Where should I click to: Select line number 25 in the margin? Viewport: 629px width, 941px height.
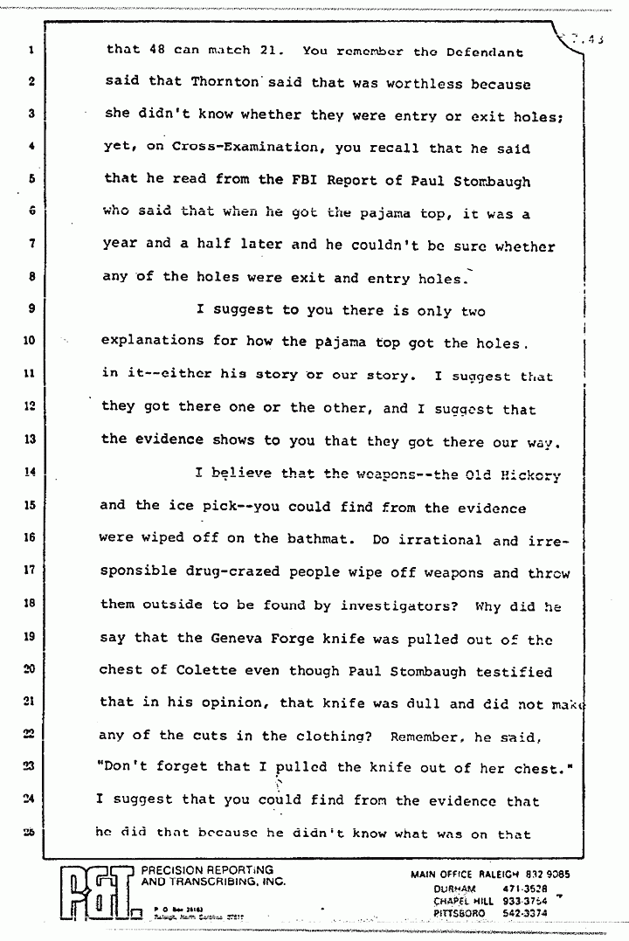click(x=29, y=833)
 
